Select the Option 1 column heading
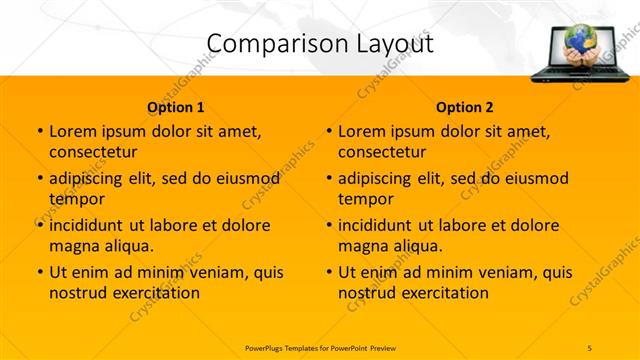176,107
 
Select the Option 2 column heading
464,107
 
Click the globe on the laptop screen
579,40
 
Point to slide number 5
590,347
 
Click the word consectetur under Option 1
93,152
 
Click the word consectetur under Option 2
382,152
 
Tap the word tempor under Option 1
73,199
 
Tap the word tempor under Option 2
362,199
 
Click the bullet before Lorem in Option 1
39,132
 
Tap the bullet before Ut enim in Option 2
328,272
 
